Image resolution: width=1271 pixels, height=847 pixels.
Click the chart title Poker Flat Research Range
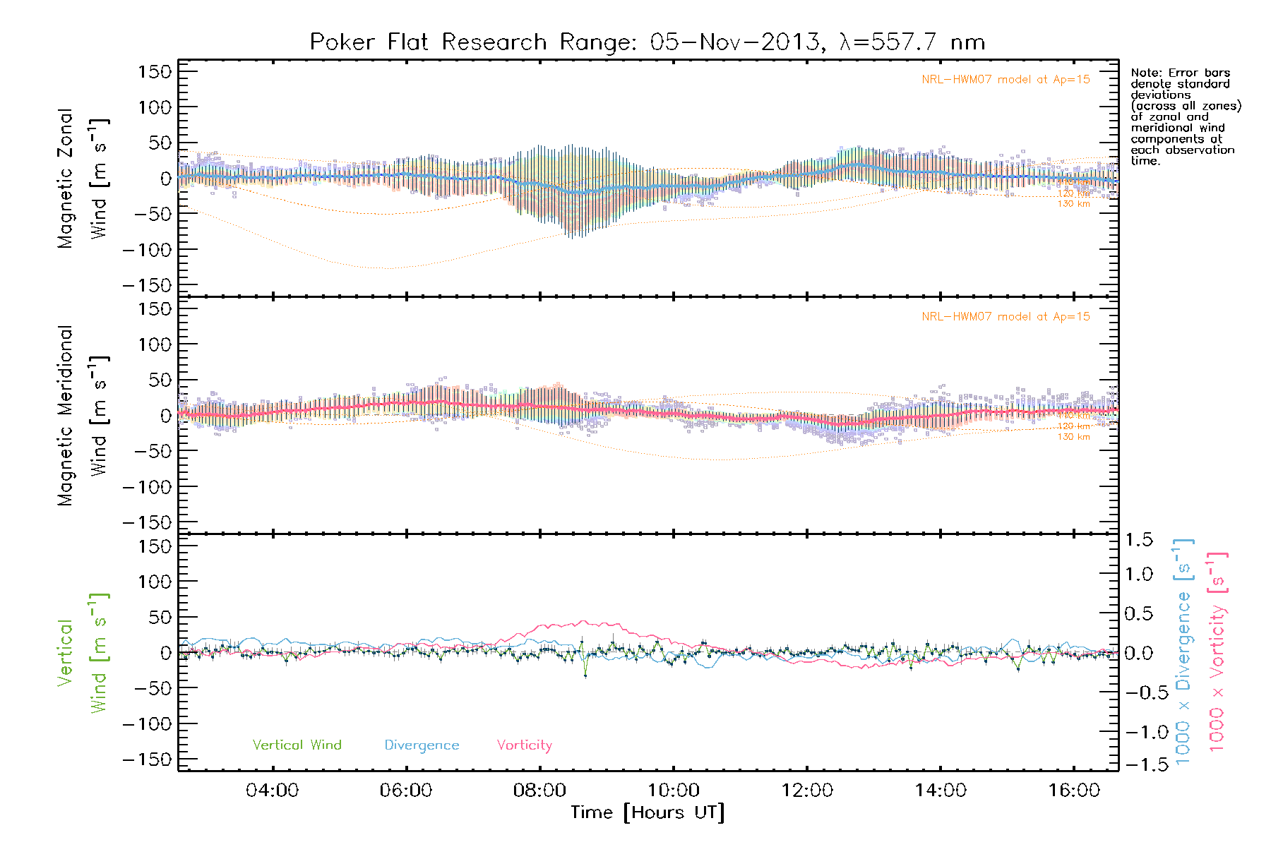[x=647, y=42]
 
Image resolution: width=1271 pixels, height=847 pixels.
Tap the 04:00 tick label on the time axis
[x=272, y=791]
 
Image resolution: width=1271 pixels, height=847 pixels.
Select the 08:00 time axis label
[x=539, y=791]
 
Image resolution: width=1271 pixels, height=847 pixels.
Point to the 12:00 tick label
[x=807, y=791]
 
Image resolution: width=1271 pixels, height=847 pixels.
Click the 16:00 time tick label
[x=1074, y=791]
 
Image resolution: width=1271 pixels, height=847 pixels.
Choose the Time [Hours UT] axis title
[x=648, y=812]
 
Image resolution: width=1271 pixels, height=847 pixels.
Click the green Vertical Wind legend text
[x=297, y=745]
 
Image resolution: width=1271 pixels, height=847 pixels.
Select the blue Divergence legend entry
[x=422, y=745]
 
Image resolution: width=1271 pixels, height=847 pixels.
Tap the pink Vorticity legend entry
[x=524, y=745]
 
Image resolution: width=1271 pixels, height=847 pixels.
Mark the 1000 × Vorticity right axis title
[x=1217, y=651]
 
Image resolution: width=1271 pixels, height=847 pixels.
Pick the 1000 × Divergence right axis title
[x=1183, y=651]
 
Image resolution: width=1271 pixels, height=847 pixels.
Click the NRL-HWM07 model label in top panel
[x=1006, y=80]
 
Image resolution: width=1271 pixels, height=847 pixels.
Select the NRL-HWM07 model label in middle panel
[x=1006, y=317]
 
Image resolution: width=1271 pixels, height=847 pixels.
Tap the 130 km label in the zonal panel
[x=1073, y=204]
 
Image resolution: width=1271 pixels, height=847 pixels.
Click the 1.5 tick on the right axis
[x=1138, y=540]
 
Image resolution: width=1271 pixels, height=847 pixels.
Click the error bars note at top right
[x=1185, y=116]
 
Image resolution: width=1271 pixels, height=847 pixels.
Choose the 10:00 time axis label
[x=673, y=791]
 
